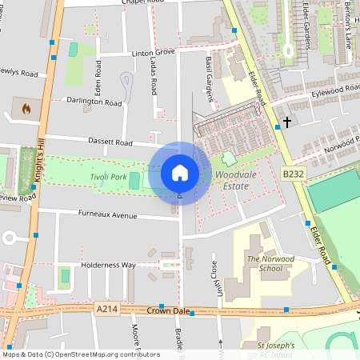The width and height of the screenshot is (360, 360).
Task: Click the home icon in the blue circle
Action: (x=180, y=173)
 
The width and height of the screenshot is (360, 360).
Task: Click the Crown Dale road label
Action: (x=168, y=310)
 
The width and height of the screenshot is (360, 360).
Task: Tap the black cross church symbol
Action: (x=286, y=122)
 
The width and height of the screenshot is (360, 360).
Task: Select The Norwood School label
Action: (x=264, y=264)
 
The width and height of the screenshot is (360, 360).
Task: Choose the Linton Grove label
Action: (x=152, y=52)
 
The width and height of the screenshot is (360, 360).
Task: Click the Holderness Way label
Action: (x=108, y=265)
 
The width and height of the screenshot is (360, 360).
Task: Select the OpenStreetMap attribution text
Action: (x=80, y=354)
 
